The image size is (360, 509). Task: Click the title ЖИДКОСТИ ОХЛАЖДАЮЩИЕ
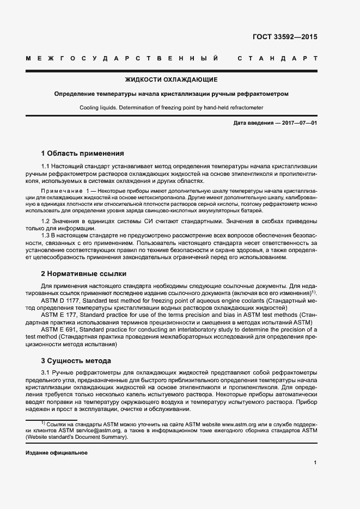172,79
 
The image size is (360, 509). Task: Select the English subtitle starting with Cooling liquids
172,107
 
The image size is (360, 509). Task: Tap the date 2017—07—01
299,123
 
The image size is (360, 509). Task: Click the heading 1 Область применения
83,153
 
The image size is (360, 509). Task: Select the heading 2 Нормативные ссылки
84,273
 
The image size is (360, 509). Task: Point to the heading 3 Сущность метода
76,360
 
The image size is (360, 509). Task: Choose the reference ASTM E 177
58,315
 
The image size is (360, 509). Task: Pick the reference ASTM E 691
58,329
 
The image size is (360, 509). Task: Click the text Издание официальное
57,452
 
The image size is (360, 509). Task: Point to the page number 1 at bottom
315,463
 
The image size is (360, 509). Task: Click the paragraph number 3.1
46,372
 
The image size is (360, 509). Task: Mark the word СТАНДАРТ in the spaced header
278,58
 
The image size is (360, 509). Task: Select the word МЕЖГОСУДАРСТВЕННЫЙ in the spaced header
123,58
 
